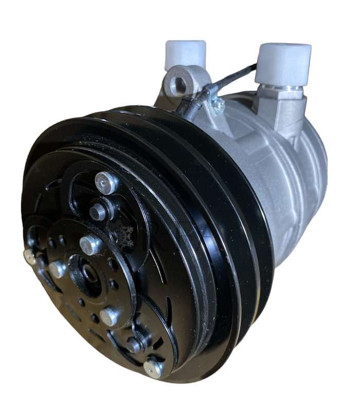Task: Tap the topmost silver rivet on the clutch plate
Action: [106, 182]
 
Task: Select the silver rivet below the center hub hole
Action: [109, 316]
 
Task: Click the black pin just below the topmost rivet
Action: [97, 211]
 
